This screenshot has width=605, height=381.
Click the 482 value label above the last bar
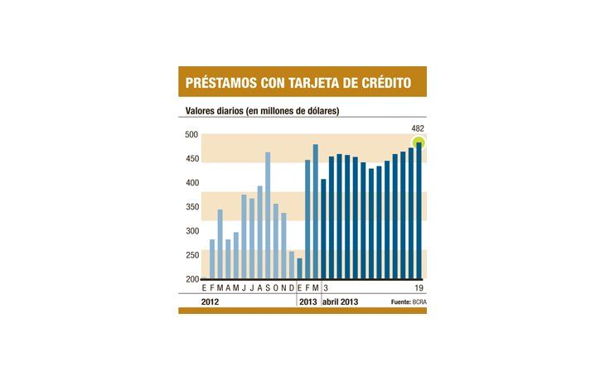pos(419,128)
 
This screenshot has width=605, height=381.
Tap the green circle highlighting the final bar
pos(419,142)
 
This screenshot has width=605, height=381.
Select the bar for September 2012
pos(268,215)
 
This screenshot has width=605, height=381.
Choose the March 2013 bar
pos(316,212)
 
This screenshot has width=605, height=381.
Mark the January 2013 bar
pos(300,268)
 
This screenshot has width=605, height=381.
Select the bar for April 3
pos(324,229)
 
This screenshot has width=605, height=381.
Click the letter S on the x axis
pos(268,287)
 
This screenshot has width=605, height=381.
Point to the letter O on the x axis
pos(276,287)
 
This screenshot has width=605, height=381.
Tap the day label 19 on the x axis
pos(419,287)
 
